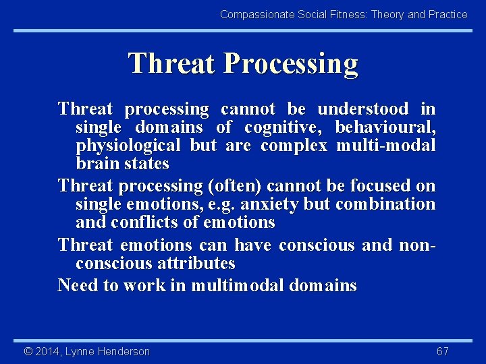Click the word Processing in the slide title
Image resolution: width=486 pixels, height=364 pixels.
pos(291,63)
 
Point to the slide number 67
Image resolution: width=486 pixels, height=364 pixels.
pos(443,351)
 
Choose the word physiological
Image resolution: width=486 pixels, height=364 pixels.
pos(128,146)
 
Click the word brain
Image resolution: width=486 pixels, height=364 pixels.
pos(94,164)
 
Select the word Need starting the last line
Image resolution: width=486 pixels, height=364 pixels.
pos(75,285)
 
